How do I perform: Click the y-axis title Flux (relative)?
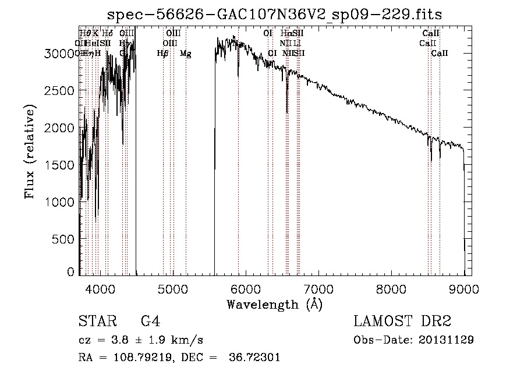click(x=29, y=151)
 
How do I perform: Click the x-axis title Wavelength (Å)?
click(x=274, y=304)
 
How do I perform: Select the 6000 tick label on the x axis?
click(x=246, y=288)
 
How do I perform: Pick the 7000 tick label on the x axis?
click(x=318, y=288)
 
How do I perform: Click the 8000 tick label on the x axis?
click(x=391, y=288)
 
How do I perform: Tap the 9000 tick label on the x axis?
click(x=464, y=288)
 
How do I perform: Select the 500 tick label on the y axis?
click(x=64, y=239)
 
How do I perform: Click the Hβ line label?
click(x=162, y=54)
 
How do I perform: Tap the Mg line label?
click(x=186, y=54)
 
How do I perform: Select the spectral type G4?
click(x=150, y=321)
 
